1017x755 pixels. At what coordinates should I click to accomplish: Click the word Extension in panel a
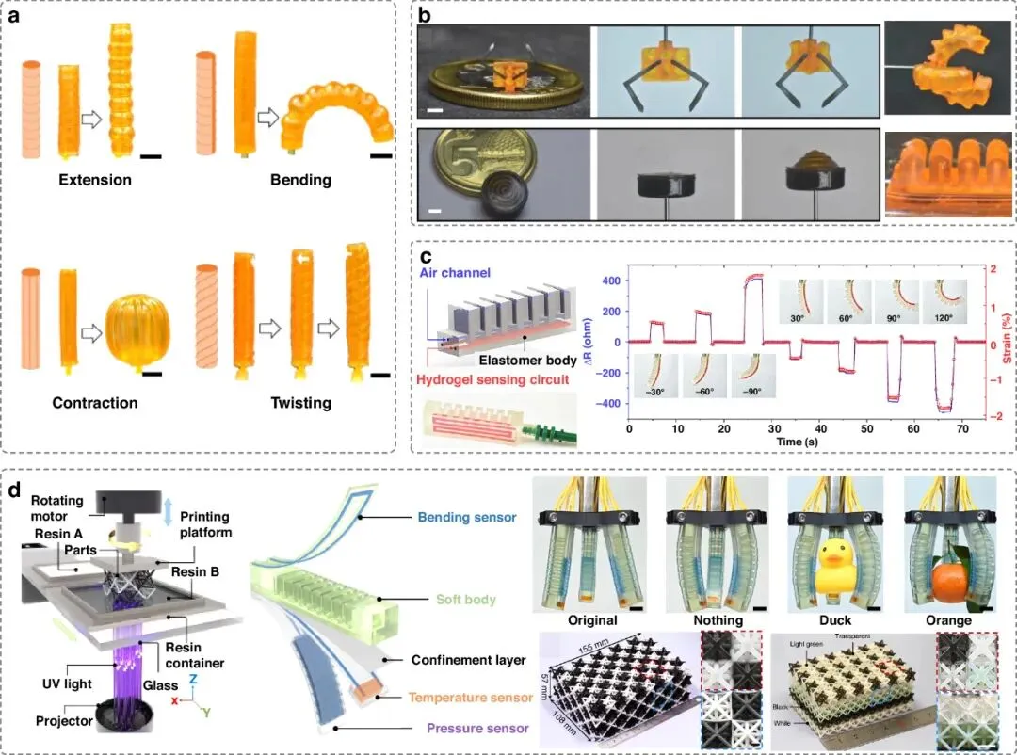(93, 179)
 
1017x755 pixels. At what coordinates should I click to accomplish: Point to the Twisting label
(294, 403)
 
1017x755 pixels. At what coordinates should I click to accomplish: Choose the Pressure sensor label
(475, 728)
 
